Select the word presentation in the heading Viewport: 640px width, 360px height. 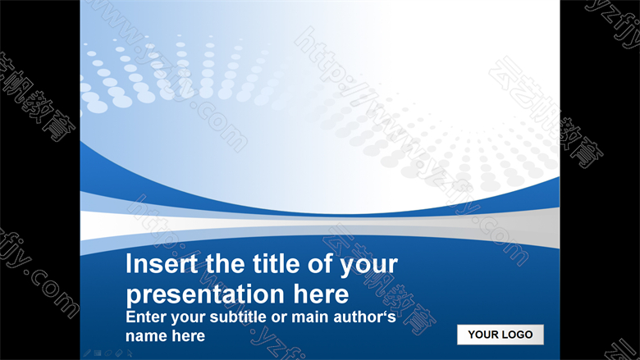click(205, 294)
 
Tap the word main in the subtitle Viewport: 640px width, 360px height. click(311, 317)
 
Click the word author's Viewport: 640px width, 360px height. click(364, 317)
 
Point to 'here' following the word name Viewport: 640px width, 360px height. click(188, 335)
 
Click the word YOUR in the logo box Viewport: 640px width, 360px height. click(482, 335)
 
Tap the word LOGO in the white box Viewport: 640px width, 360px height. click(517, 335)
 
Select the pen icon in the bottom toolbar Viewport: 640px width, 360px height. click(87, 353)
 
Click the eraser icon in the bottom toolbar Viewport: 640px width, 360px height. click(119, 353)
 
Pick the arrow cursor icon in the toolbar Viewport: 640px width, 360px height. click(130, 353)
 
